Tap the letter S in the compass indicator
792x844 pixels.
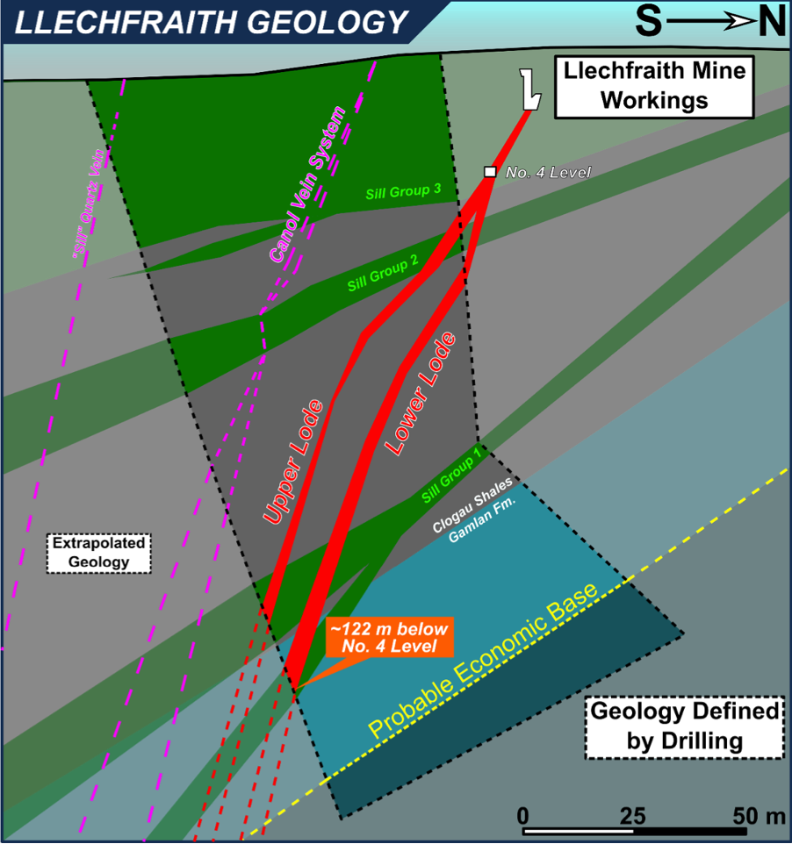coord(648,22)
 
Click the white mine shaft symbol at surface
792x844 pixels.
coord(529,89)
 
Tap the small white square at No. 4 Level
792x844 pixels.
coord(490,172)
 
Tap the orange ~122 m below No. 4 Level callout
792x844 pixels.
coord(387,638)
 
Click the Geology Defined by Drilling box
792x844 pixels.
coord(683,726)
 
